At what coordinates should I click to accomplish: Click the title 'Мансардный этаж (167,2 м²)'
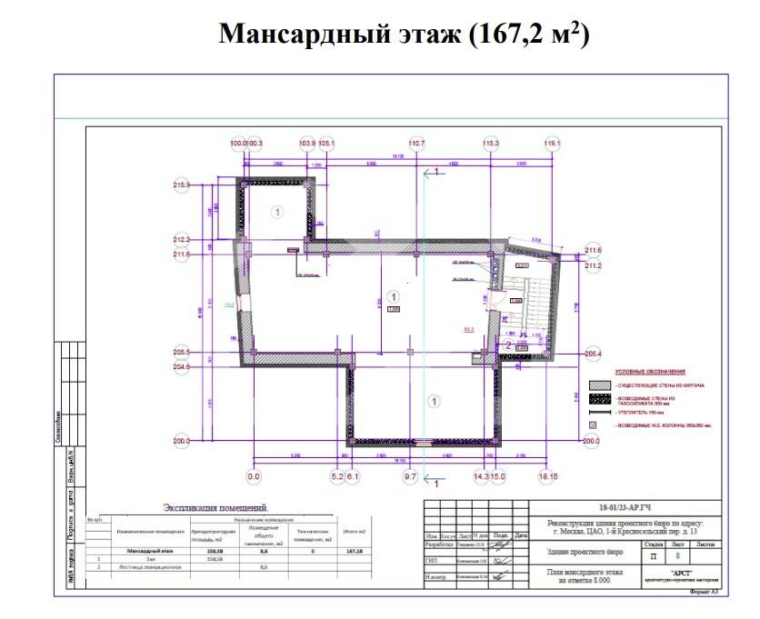pyautogui.click(x=405, y=35)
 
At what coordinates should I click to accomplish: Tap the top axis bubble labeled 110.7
pyautogui.click(x=416, y=144)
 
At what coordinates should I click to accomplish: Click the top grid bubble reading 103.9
pyautogui.click(x=307, y=144)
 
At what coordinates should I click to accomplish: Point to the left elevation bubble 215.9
pyautogui.click(x=183, y=185)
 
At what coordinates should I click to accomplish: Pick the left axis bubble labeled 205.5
pyautogui.click(x=182, y=353)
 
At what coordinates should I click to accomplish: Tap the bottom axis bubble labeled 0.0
pyautogui.click(x=254, y=475)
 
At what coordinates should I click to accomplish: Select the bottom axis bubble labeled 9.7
pyautogui.click(x=409, y=475)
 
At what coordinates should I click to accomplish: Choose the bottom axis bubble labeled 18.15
pyautogui.click(x=548, y=475)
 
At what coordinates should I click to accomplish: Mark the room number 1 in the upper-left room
pyautogui.click(x=277, y=211)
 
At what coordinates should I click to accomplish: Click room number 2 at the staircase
pyautogui.click(x=508, y=344)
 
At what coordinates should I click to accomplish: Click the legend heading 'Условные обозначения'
pyautogui.click(x=649, y=372)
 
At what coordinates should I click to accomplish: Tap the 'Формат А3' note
pyautogui.click(x=704, y=593)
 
